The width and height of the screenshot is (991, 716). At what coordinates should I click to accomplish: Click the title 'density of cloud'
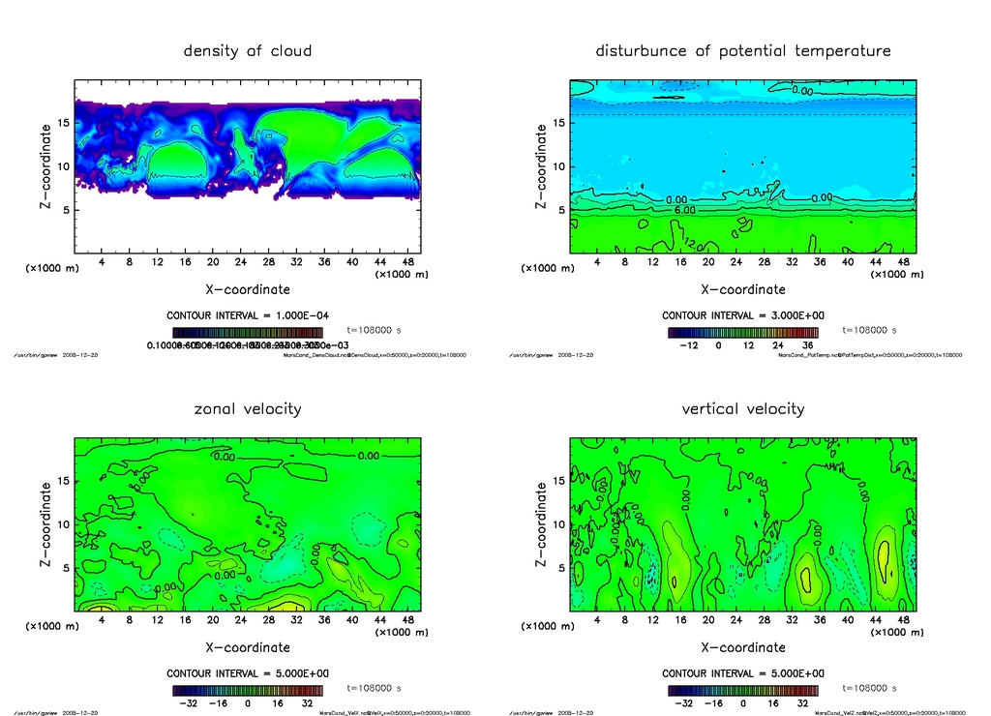pyautogui.click(x=248, y=50)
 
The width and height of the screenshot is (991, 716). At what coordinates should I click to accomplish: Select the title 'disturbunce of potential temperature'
pyautogui.click(x=743, y=50)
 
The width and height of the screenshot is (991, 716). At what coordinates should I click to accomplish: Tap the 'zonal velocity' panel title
pyautogui.click(x=248, y=408)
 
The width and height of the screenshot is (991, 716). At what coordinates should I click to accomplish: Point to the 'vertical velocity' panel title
pyautogui.click(x=743, y=408)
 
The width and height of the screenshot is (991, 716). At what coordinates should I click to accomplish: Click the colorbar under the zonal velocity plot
pyautogui.click(x=247, y=691)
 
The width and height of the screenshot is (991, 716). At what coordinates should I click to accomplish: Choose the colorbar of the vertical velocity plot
pyautogui.click(x=742, y=691)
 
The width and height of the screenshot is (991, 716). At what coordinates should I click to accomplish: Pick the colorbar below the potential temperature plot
pyautogui.click(x=742, y=332)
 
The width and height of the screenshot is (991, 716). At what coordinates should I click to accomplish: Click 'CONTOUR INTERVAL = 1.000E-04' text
pyautogui.click(x=247, y=315)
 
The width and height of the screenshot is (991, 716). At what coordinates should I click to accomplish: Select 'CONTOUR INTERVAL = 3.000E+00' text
pyautogui.click(x=742, y=315)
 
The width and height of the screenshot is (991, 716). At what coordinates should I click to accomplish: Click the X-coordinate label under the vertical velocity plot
pyautogui.click(x=743, y=647)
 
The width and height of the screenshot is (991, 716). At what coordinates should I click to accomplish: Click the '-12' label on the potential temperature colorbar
pyautogui.click(x=688, y=344)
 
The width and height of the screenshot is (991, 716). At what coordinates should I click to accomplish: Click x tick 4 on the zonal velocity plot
pyautogui.click(x=102, y=620)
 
